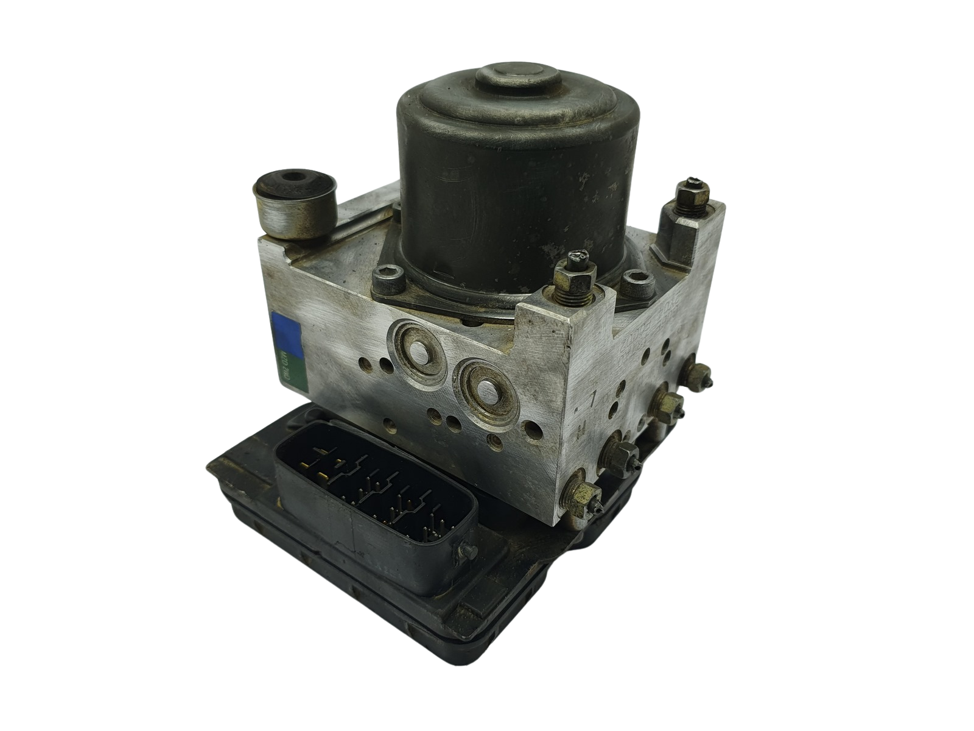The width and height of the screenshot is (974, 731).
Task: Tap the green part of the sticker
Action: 290,372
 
